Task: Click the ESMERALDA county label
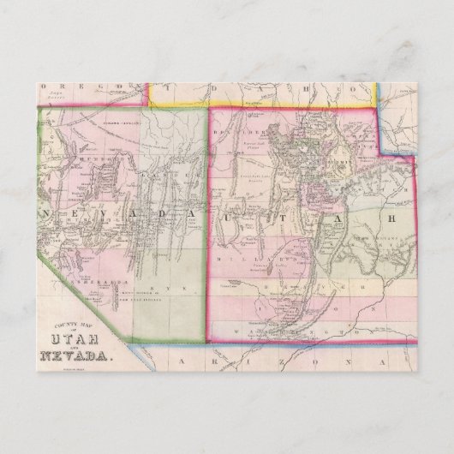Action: tap(96, 256)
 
